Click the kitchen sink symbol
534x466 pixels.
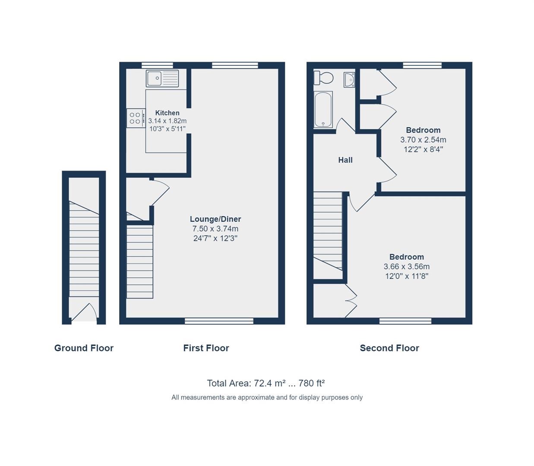162,79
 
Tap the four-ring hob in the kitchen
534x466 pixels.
136,118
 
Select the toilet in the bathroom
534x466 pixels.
324,78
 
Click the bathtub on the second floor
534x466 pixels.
323,110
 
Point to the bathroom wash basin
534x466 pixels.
349,79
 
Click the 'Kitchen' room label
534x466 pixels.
167,113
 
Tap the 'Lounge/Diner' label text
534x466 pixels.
215,219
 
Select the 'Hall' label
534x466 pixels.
345,160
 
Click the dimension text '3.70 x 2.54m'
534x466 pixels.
423,140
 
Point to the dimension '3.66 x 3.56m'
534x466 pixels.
407,267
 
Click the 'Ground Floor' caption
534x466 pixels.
84,348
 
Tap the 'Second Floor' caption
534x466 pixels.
389,348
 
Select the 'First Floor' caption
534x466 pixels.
206,348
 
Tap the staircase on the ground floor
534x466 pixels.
84,250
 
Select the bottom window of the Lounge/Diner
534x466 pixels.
219,321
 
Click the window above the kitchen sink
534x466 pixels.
157,65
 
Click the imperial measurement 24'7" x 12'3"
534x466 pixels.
215,238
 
